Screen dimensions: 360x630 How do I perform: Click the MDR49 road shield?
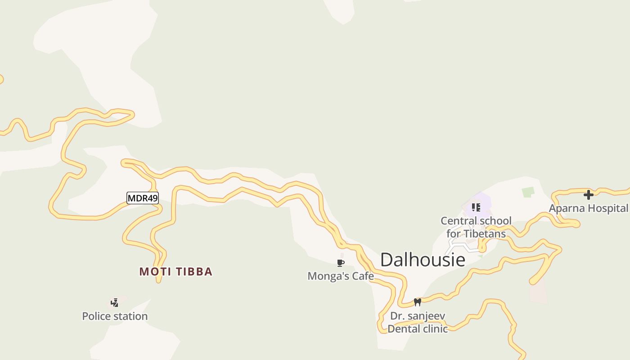pyautogui.click(x=143, y=198)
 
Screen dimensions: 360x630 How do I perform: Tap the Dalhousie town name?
pyautogui.click(x=423, y=260)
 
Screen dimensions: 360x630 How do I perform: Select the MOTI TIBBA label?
pyautogui.click(x=175, y=271)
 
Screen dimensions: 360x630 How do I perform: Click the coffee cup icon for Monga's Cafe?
pyautogui.click(x=341, y=263)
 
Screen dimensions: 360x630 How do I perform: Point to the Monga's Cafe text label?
pyautogui.click(x=341, y=276)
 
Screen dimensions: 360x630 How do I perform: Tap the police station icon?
pyautogui.click(x=115, y=302)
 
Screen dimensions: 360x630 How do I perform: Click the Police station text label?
pyautogui.click(x=115, y=316)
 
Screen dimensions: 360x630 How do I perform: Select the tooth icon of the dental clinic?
pyautogui.click(x=418, y=302)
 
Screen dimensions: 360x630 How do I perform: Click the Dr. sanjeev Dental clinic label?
pyautogui.click(x=418, y=322)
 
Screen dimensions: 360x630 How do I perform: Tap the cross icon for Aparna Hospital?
pyautogui.click(x=588, y=195)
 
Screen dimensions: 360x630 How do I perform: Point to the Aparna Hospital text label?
pyautogui.click(x=588, y=208)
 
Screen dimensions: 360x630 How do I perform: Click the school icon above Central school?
pyautogui.click(x=476, y=207)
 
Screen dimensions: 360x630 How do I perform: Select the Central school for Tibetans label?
pyautogui.click(x=476, y=227)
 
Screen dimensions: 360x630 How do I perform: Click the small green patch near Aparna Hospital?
pyautogui.click(x=528, y=192)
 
